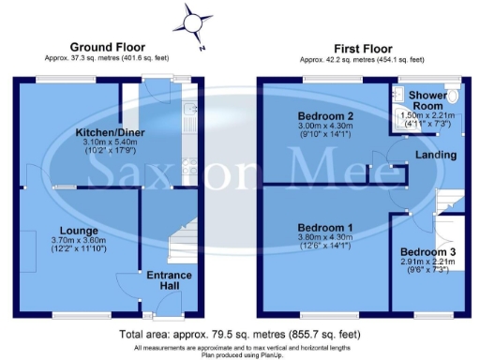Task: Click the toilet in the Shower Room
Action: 454,97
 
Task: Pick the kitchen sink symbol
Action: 190,117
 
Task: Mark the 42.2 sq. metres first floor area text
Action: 357,58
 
